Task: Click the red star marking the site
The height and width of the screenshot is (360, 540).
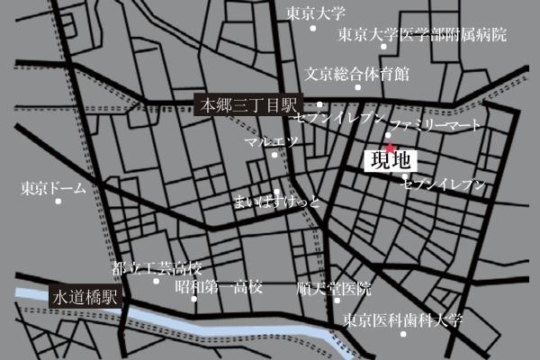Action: (389, 148)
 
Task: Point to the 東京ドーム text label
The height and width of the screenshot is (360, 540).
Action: (52, 188)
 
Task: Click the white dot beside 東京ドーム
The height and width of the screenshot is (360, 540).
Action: (58, 202)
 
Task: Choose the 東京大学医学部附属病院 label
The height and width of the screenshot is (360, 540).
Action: (422, 36)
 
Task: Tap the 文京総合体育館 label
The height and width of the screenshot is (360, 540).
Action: (356, 73)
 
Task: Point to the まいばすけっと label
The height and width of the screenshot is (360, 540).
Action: (276, 200)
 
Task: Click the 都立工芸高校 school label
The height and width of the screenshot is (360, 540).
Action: (157, 269)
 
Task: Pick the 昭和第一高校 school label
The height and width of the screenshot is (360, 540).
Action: (219, 288)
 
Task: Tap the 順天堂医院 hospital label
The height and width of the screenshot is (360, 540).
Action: (333, 289)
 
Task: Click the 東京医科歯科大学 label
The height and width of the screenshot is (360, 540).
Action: (402, 320)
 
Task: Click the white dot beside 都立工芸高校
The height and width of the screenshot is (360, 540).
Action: (156, 281)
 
